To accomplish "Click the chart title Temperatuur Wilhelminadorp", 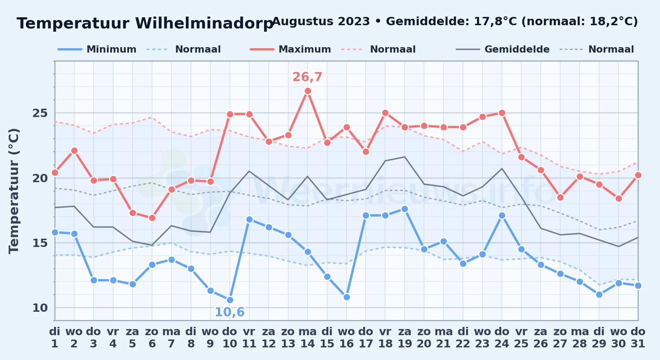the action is coord(145,23).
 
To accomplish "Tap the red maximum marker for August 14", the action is coord(308,91).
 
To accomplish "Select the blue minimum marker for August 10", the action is coord(230,300).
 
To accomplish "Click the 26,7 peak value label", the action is coord(307,77).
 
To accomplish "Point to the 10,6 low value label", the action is coord(229,312).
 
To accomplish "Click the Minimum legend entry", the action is coord(97,49).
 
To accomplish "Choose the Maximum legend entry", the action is coord(290,49).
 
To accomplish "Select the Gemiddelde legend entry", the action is coord(503,49).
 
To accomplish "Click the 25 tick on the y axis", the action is coord(40,113).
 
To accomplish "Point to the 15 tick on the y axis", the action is coord(40,243).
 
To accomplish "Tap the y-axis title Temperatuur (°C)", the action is coord(14,191).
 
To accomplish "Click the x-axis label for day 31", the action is coord(638,337).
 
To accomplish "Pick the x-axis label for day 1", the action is coord(55,337).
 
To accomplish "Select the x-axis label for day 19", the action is coord(405,337).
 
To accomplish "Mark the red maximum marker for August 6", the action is coord(152,218).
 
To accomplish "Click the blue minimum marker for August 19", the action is coord(405,209).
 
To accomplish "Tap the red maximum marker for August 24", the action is coord(502,113).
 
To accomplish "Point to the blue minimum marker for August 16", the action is coord(347,297).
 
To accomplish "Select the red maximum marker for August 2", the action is coord(74,150).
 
